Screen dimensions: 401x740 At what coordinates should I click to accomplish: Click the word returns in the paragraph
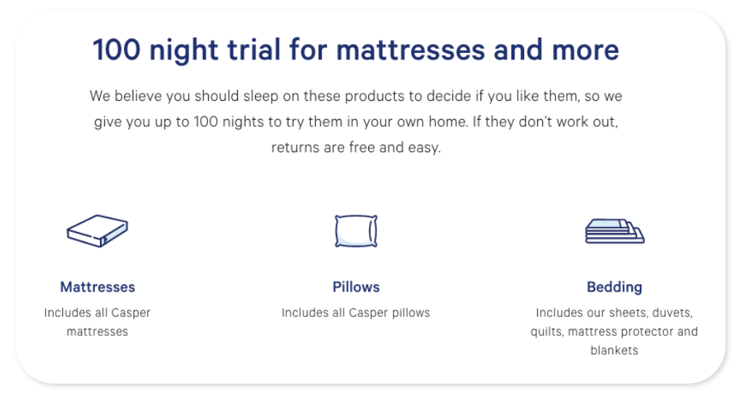pos(294,148)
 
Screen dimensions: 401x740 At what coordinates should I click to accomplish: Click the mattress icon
pos(97,231)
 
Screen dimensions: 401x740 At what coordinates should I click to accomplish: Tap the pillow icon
pos(356,231)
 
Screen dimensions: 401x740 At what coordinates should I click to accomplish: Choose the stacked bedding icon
pos(614,231)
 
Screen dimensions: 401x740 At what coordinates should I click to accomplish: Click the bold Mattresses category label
pos(97,287)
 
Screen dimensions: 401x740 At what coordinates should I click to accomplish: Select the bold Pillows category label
pos(356,287)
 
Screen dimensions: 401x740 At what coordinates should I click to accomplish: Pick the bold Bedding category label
pos(614,287)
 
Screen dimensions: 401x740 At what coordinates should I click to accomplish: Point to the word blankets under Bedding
pos(614,351)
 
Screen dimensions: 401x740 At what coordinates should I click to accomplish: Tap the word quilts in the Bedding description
pos(546,332)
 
